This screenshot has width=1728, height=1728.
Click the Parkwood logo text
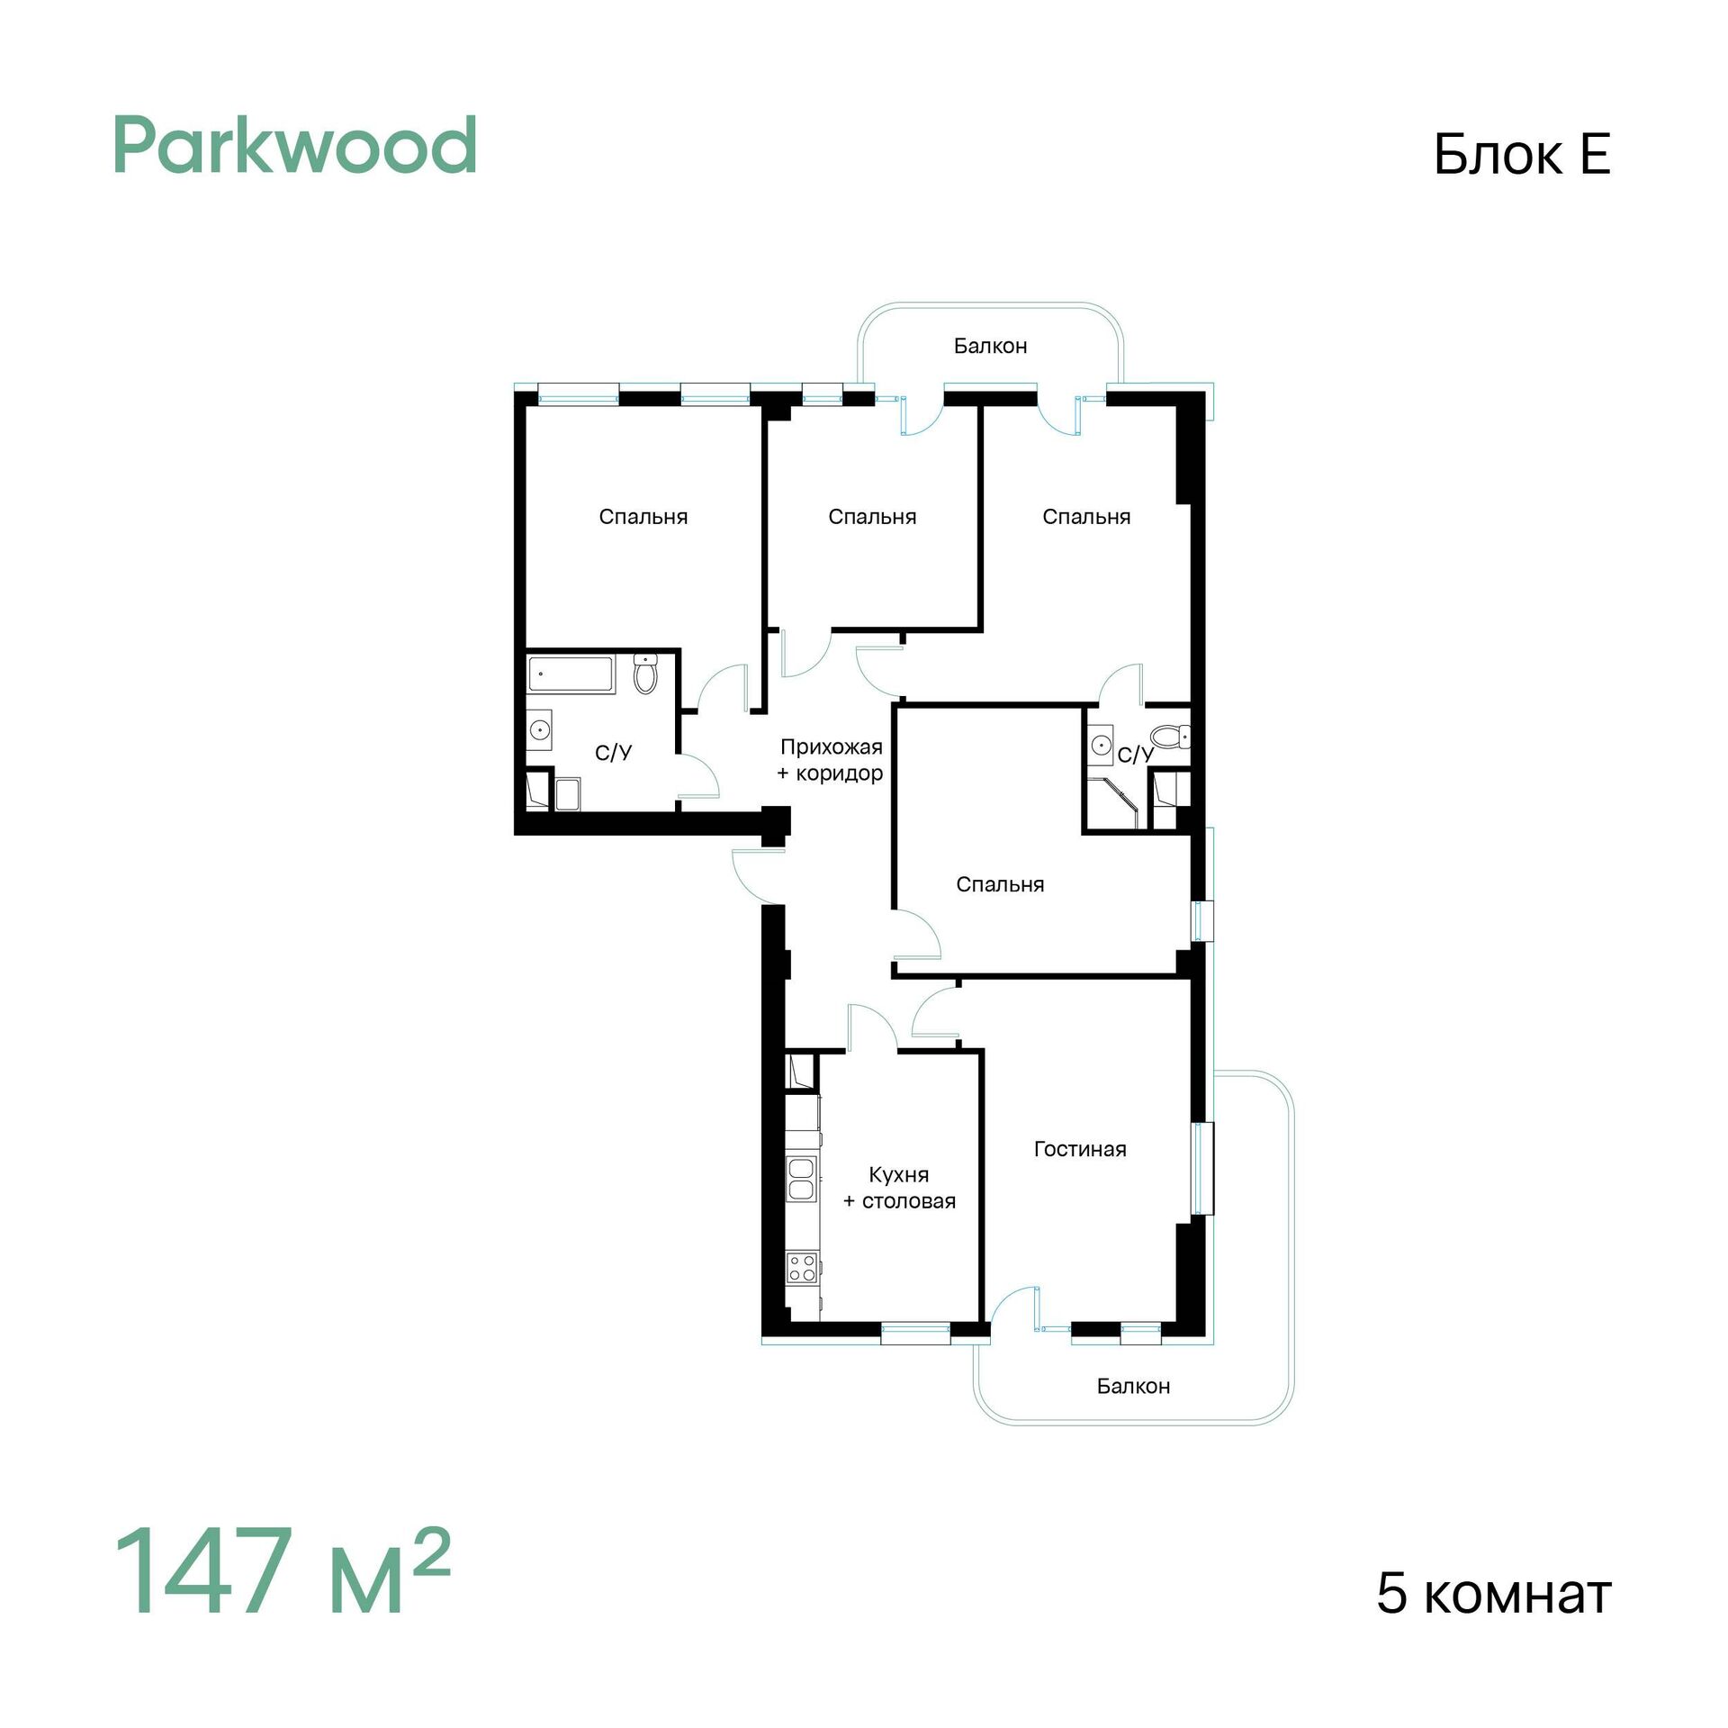(295, 145)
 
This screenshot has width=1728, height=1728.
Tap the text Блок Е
(1521, 154)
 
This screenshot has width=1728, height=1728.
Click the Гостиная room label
(1080, 1149)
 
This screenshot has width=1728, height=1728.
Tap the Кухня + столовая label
(899, 1188)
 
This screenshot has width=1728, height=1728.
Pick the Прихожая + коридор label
(831, 759)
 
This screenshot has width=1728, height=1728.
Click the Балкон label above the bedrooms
(990, 346)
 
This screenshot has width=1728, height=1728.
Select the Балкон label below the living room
(1133, 1386)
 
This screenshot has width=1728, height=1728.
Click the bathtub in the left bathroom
(571, 674)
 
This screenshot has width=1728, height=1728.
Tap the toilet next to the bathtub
(645, 674)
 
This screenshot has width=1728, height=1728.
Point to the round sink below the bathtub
(539, 729)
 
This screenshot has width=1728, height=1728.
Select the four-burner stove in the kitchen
(802, 1268)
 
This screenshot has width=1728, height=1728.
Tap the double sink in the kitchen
(801, 1179)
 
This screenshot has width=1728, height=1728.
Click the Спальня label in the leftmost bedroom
(643, 517)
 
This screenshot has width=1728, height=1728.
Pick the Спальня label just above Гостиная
(1000, 884)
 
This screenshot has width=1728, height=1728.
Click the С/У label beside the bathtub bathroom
(613, 752)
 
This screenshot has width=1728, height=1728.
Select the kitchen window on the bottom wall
(915, 1334)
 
